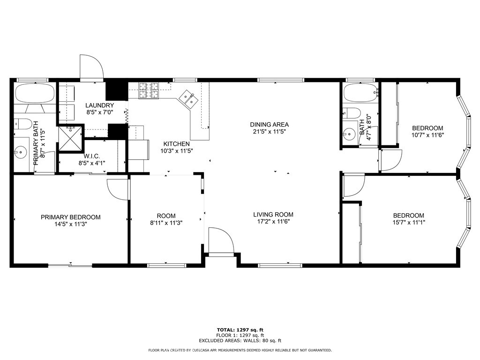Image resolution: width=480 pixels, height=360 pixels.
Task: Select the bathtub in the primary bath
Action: pyautogui.click(x=35, y=93)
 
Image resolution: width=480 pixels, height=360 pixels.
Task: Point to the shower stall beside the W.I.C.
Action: pyautogui.click(x=70, y=136)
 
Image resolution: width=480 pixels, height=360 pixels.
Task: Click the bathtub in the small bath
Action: pyautogui.click(x=360, y=92)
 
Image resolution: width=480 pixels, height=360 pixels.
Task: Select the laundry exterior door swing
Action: pyautogui.click(x=91, y=68)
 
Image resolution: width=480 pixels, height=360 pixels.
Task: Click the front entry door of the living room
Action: pyautogui.click(x=221, y=241)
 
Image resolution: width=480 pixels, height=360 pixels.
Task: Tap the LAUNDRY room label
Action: pyautogui.click(x=99, y=106)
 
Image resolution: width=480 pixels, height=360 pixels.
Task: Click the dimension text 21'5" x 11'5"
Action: pyautogui.click(x=269, y=132)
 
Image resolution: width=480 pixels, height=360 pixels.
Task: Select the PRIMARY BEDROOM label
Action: pyautogui.click(x=70, y=217)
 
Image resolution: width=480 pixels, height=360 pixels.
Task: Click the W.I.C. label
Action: pyautogui.click(x=92, y=157)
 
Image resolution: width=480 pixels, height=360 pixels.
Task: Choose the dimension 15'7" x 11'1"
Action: pyautogui.click(x=408, y=223)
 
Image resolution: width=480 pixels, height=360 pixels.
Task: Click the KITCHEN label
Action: pyautogui.click(x=176, y=144)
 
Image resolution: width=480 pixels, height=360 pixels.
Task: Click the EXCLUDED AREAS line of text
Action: pyautogui.click(x=240, y=341)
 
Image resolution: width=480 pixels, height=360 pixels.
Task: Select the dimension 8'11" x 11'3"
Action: pyautogui.click(x=166, y=223)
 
